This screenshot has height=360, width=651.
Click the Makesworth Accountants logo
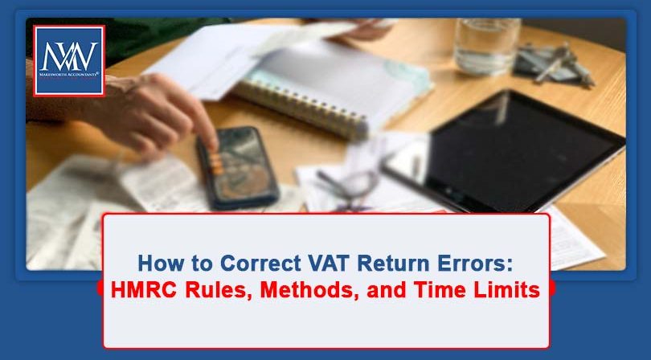[68, 60]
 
